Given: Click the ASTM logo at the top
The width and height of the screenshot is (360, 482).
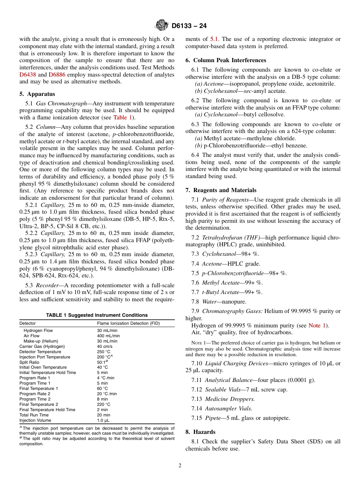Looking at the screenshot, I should point(162,26).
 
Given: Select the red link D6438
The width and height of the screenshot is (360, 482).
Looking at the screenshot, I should point(27,75).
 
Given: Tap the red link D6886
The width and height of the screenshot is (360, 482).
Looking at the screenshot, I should point(57,75).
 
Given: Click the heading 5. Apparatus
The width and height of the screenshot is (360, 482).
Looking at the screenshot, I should point(37,94).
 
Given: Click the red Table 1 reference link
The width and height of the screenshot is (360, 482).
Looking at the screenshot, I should point(122,117).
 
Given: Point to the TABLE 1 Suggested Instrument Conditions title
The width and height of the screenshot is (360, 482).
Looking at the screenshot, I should point(97,315).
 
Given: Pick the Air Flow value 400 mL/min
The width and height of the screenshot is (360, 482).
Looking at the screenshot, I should point(108,336).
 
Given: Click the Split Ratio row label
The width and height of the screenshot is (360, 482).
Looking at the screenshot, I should point(29,362).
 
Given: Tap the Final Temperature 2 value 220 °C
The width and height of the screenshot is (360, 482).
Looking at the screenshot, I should point(103,404).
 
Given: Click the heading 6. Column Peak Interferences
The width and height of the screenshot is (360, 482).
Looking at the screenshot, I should point(226,60).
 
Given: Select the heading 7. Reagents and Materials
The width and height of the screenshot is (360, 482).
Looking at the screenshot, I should point(221,190).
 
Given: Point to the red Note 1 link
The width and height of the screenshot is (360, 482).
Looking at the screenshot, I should point(317,326).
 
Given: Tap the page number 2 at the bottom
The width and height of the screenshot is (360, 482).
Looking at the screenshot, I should point(180,466).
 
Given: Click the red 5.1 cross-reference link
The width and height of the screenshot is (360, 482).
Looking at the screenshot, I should point(214,39).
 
